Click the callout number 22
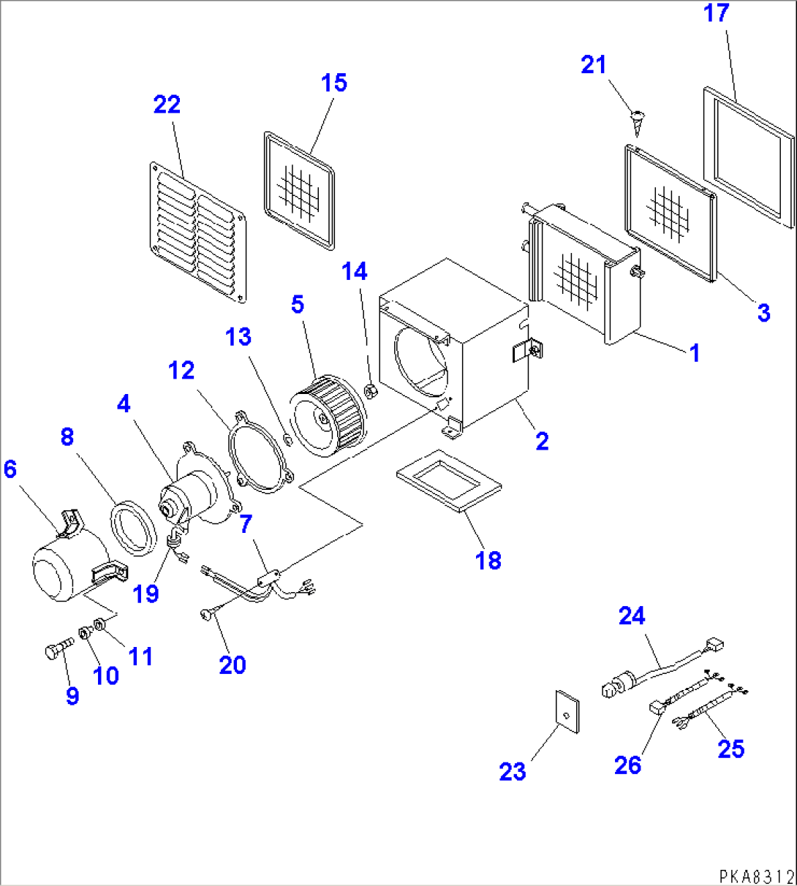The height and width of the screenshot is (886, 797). click(167, 105)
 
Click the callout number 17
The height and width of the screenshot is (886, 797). click(717, 13)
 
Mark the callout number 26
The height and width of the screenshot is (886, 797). click(627, 765)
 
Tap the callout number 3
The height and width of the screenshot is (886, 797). click(763, 313)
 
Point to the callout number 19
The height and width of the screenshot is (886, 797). click(146, 593)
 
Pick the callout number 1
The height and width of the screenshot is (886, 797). click(695, 353)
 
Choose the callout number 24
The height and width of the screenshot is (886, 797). click(632, 616)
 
